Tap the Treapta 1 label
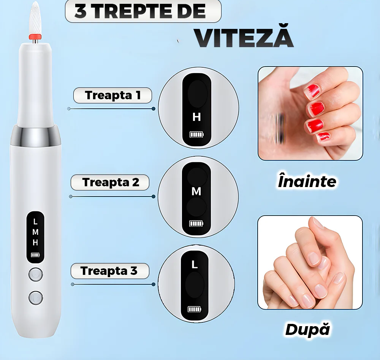coord(113,95)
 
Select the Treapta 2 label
coord(110,182)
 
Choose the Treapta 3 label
coord(110,271)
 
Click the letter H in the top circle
coord(196,117)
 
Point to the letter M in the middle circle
coord(196,192)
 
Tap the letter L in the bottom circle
coord(194,265)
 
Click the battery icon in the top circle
coord(196,134)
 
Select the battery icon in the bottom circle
coord(194,309)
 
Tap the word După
coord(308,329)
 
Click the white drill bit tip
coord(35,18)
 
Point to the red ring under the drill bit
coord(35,37)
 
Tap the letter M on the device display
coord(35,232)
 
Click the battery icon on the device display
coord(35,255)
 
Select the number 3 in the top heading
coord(81,11)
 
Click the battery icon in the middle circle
coord(196,224)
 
